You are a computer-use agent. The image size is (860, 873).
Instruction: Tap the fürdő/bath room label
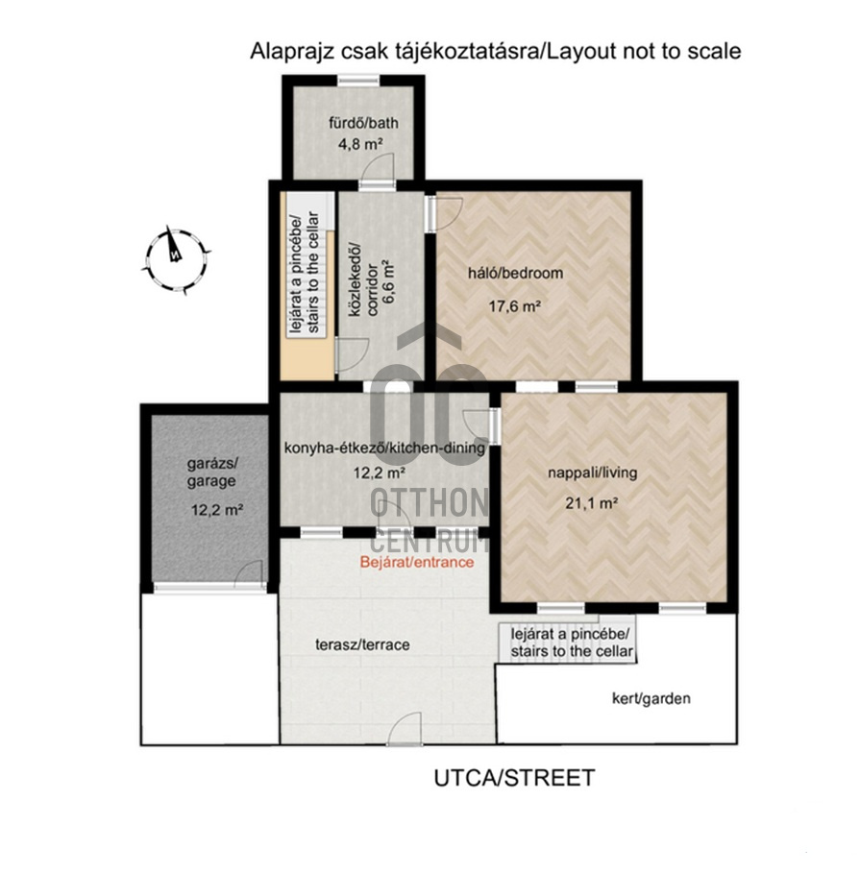(363, 123)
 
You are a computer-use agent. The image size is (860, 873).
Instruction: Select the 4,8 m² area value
(359, 144)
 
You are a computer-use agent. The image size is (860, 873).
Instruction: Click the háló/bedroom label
(515, 273)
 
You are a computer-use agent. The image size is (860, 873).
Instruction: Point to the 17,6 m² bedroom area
(515, 305)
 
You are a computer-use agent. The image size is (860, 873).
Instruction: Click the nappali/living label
(593, 473)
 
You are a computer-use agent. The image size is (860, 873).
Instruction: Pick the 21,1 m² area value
(592, 503)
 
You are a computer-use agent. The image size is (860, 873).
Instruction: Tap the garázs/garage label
(211, 473)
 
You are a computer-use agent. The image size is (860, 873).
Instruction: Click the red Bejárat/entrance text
(417, 562)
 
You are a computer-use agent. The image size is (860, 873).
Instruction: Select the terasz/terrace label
(362, 644)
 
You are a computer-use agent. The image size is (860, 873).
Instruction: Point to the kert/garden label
(651, 698)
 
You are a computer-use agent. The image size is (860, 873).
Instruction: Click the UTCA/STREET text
(515, 778)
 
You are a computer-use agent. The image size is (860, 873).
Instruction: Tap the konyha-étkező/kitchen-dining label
(385, 448)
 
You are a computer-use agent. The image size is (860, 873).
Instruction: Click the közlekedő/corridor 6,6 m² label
(372, 281)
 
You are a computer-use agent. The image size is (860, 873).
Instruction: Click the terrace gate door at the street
(405, 729)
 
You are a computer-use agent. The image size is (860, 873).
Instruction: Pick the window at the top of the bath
(358, 80)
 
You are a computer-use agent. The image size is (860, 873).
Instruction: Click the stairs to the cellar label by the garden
(572, 643)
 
